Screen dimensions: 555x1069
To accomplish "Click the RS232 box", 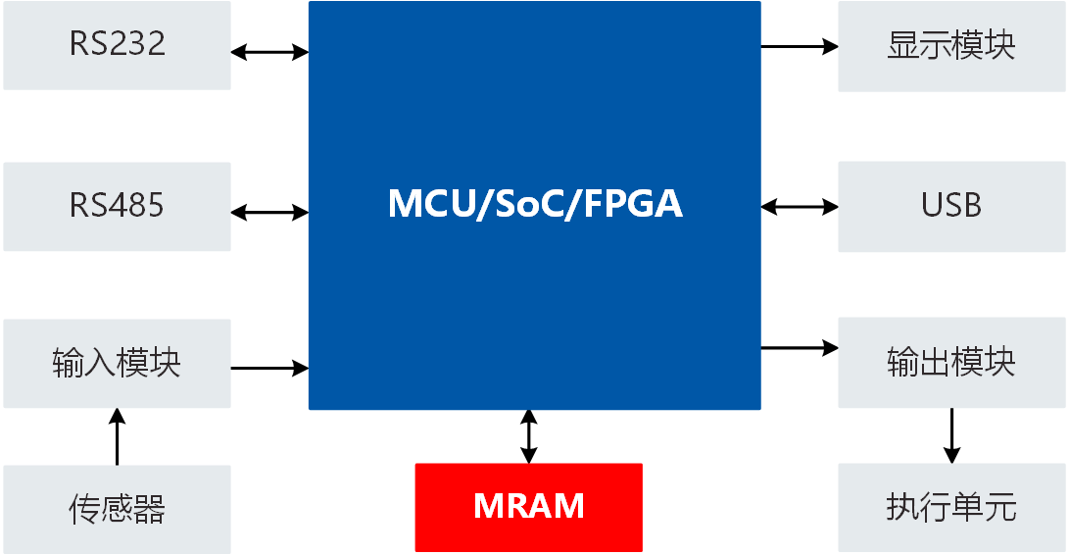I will (x=117, y=45).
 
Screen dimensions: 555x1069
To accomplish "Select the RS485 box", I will (x=117, y=206).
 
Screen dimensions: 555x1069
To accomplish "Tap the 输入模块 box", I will (x=117, y=363).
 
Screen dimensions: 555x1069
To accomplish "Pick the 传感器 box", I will (x=117, y=508).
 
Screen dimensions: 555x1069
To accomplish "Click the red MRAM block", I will (x=529, y=507).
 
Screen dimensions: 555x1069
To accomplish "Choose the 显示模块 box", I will (x=951, y=46).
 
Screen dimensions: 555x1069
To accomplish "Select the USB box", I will (x=951, y=206).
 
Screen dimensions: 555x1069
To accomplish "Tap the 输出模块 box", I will (x=951, y=363).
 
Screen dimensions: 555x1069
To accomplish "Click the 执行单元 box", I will (x=951, y=508).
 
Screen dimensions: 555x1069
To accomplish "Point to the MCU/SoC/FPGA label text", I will (x=535, y=204).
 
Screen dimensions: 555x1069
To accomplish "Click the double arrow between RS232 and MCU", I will (x=269, y=52).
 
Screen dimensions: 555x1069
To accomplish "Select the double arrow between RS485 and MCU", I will (x=269, y=212).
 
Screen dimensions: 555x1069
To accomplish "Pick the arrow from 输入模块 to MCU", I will (x=269, y=369).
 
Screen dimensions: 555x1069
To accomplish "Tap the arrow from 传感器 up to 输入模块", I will (x=117, y=436).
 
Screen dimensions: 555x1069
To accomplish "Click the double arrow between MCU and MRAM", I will (x=529, y=436).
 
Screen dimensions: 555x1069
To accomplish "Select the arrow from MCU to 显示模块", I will (x=800, y=46).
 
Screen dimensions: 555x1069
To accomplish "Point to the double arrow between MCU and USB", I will (x=800, y=207).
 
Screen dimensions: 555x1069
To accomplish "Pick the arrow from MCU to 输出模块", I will (x=800, y=347).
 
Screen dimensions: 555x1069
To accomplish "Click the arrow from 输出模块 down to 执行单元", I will (x=951, y=435).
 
